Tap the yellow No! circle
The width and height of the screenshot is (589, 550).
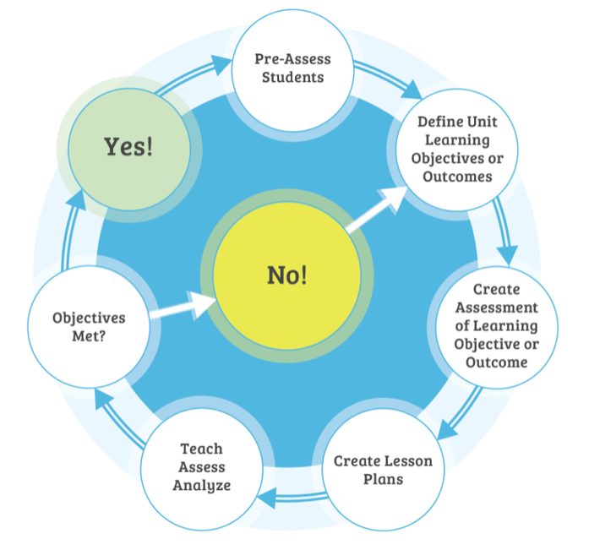pos(286,275)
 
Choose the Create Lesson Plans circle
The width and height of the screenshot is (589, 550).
pos(383,470)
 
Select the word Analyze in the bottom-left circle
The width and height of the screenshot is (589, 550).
pos(201,485)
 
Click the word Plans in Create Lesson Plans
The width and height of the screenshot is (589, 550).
pos(383,480)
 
